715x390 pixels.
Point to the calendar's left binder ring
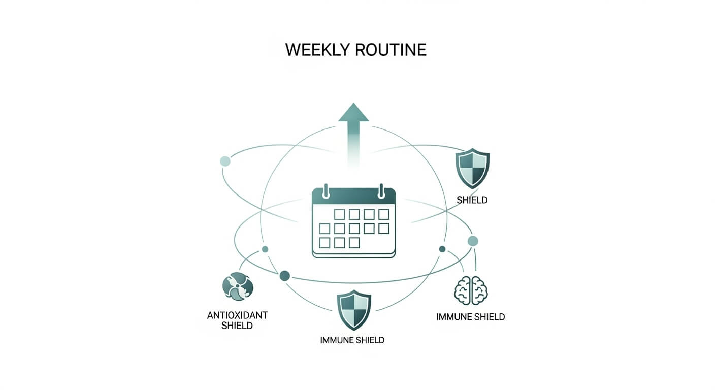[x=326, y=191]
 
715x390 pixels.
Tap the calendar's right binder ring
[x=381, y=191]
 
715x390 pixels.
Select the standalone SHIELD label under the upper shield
[x=472, y=200]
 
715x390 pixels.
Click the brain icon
[x=470, y=290]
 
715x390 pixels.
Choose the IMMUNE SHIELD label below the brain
[x=470, y=317]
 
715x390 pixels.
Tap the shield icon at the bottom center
[x=354, y=309]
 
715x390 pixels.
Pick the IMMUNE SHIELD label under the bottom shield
[x=352, y=340]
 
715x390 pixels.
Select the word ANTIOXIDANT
[x=237, y=315]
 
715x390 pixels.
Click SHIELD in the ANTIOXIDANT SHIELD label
[x=237, y=326]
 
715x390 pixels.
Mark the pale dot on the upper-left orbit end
[x=225, y=161]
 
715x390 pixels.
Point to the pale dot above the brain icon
[x=473, y=241]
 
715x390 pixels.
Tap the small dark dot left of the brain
[x=442, y=249]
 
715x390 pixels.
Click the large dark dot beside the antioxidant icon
[x=285, y=276]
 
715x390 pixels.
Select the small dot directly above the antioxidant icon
[x=265, y=249]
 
